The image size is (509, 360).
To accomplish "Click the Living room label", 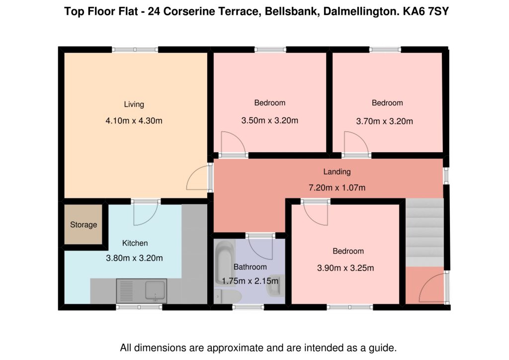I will pyautogui.click(x=134, y=104).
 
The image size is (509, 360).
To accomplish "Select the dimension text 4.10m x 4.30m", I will pyautogui.click(x=134, y=120).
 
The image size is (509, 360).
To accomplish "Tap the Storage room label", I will pyautogui.click(x=84, y=225).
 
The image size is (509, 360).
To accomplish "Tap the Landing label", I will pyautogui.click(x=337, y=172).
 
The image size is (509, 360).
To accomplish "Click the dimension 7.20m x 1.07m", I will pyautogui.click(x=337, y=187).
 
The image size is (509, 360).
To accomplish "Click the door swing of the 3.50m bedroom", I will pyautogui.click(x=233, y=144).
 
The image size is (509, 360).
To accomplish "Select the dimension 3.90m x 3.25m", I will pyautogui.click(x=345, y=268).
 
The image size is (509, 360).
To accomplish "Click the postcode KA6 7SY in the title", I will pyautogui.click(x=426, y=11).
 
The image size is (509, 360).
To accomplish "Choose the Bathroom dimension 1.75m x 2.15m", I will pyautogui.click(x=250, y=281).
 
